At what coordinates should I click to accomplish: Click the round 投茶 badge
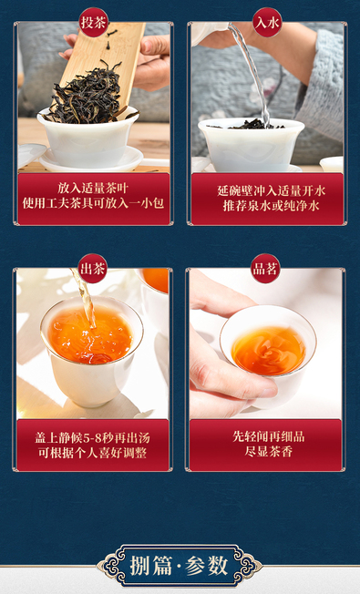pyautogui.click(x=93, y=23)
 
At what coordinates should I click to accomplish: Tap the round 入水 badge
pyautogui.click(x=267, y=23)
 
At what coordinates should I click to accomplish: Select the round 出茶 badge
pyautogui.click(x=92, y=269)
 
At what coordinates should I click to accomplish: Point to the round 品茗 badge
pyautogui.click(x=265, y=269)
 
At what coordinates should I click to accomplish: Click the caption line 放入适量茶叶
pyautogui.click(x=93, y=189)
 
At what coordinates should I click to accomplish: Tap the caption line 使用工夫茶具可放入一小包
pyautogui.click(x=93, y=203)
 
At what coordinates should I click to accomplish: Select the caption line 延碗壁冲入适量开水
pyautogui.click(x=271, y=190)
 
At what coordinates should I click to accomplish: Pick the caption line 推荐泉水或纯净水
pyautogui.click(x=271, y=206)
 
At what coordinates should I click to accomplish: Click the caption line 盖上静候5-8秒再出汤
pyautogui.click(x=92, y=438)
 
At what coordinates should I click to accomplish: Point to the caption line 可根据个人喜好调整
pyautogui.click(x=92, y=453)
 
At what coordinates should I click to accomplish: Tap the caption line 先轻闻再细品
pyautogui.click(x=268, y=436)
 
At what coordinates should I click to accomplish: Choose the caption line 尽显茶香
pyautogui.click(x=268, y=452)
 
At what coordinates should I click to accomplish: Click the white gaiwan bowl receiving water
pyautogui.click(x=252, y=146)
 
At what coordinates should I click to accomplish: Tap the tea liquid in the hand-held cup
pyautogui.click(x=268, y=351)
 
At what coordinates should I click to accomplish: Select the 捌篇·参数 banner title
pyautogui.click(x=180, y=567)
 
